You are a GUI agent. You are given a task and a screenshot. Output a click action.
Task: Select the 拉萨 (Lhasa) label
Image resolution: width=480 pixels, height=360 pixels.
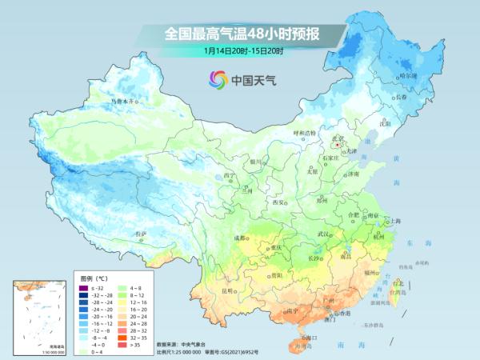[142, 234]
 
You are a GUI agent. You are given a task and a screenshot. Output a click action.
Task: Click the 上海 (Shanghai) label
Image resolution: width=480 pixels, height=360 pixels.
[394, 220]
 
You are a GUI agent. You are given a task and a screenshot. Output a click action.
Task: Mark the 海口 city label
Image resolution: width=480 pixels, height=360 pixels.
[305, 338]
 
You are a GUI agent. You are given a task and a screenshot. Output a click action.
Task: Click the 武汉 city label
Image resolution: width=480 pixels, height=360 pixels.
[324, 234]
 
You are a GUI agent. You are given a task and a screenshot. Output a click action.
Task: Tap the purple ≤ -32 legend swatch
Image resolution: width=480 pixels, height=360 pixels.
[83, 287]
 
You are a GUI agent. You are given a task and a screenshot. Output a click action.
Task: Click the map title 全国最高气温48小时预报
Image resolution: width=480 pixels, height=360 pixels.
[243, 34]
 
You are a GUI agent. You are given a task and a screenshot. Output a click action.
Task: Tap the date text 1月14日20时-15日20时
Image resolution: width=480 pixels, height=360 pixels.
[243, 50]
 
